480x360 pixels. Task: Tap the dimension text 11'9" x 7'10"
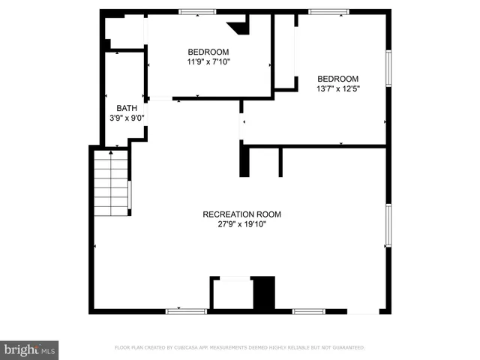(208, 62)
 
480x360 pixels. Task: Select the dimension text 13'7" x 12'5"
(337, 88)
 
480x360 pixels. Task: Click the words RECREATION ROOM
(241, 214)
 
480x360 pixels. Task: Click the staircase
(110, 183)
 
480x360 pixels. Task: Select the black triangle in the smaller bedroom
(241, 28)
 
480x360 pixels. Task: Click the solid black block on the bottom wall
(263, 292)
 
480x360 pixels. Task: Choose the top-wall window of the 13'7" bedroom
(328, 11)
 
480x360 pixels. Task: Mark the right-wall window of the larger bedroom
(388, 68)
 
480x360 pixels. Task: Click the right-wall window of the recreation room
(388, 225)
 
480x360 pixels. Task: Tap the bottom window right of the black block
(308, 310)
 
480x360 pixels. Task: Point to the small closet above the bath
(124, 33)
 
